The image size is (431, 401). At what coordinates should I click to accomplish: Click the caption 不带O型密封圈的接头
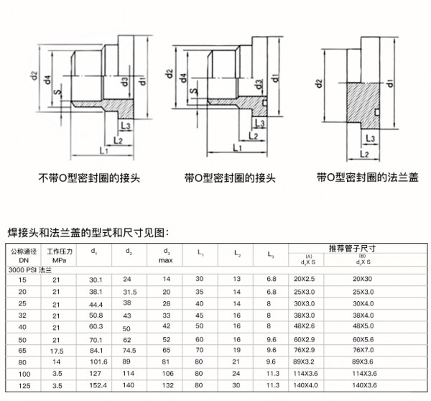tap(89, 178)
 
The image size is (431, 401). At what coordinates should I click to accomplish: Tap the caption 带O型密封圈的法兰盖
tap(368, 178)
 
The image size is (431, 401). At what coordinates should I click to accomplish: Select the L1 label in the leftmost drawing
tap(104, 150)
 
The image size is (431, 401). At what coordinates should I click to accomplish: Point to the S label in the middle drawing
tap(194, 91)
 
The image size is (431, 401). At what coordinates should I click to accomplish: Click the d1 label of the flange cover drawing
tap(390, 83)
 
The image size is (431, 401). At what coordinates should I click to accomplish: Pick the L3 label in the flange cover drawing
tap(370, 138)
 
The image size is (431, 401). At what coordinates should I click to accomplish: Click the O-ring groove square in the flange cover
tap(377, 112)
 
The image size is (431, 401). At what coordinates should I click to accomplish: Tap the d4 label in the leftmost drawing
tap(48, 80)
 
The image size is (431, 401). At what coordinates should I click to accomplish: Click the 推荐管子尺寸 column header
tap(352, 249)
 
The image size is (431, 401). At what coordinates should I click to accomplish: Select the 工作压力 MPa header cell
tap(60, 256)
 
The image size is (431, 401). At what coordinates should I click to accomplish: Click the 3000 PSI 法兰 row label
tap(30, 269)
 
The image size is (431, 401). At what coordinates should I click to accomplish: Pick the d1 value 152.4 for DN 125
tap(98, 385)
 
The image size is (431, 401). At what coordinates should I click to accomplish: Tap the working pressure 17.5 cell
tap(57, 351)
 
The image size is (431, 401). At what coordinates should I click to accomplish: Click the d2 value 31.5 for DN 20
tap(130, 292)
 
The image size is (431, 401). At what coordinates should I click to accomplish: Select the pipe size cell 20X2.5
tap(304, 279)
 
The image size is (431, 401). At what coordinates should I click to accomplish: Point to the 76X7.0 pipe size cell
tap(363, 350)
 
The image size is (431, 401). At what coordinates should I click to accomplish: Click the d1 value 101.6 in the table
tap(98, 361)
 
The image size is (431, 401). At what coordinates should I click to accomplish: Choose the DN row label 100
tap(24, 374)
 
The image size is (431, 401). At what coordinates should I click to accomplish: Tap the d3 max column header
tap(166, 256)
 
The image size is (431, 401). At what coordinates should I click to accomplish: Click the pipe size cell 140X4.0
tap(305, 385)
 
